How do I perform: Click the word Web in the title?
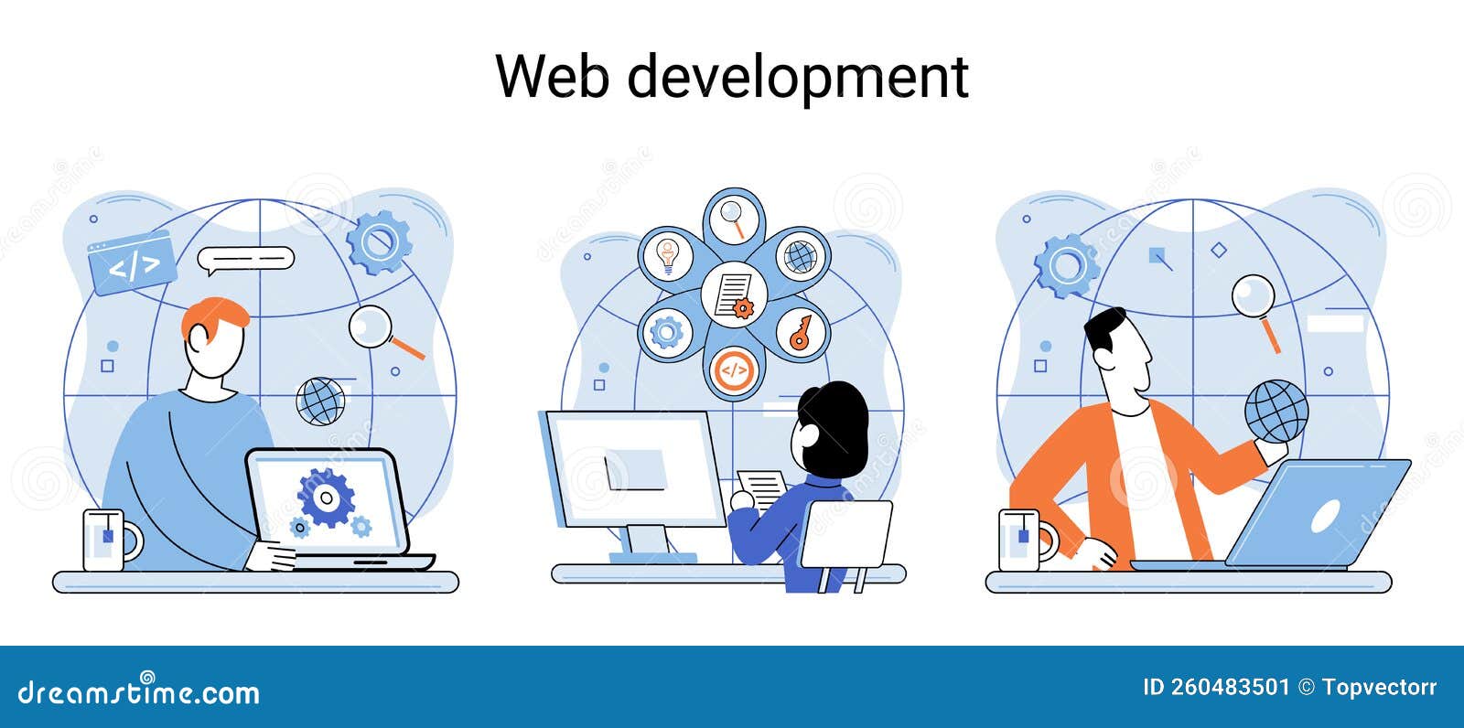553,76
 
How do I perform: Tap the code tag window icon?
132,262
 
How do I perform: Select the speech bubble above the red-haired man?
246,260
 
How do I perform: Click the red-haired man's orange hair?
216,316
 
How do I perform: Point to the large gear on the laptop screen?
326,498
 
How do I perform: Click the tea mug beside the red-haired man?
111,540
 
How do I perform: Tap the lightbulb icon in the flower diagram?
667,255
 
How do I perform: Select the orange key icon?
801,333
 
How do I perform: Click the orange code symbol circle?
734,370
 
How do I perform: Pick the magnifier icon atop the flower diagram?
733,219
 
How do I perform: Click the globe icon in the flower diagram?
801,256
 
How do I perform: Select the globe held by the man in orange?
1276,412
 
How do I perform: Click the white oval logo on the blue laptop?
1325,517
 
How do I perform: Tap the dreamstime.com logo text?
138,691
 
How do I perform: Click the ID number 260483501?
1230,688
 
